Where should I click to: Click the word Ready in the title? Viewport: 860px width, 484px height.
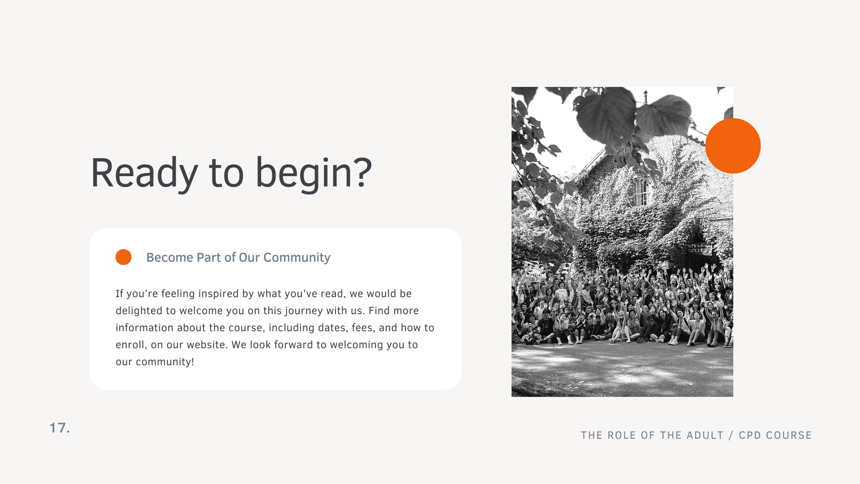tap(145, 173)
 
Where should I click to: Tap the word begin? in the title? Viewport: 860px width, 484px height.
tap(314, 173)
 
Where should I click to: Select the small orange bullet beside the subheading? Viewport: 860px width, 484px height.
tap(124, 257)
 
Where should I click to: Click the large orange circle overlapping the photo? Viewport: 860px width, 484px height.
tap(733, 146)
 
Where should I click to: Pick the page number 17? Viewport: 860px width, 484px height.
tap(60, 428)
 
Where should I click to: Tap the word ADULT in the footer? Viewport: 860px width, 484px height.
tap(705, 435)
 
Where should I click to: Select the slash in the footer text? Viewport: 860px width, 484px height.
tap(731, 435)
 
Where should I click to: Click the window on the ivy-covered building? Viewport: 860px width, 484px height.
tap(641, 191)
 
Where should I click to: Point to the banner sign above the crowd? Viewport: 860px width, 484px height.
tap(698, 249)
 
